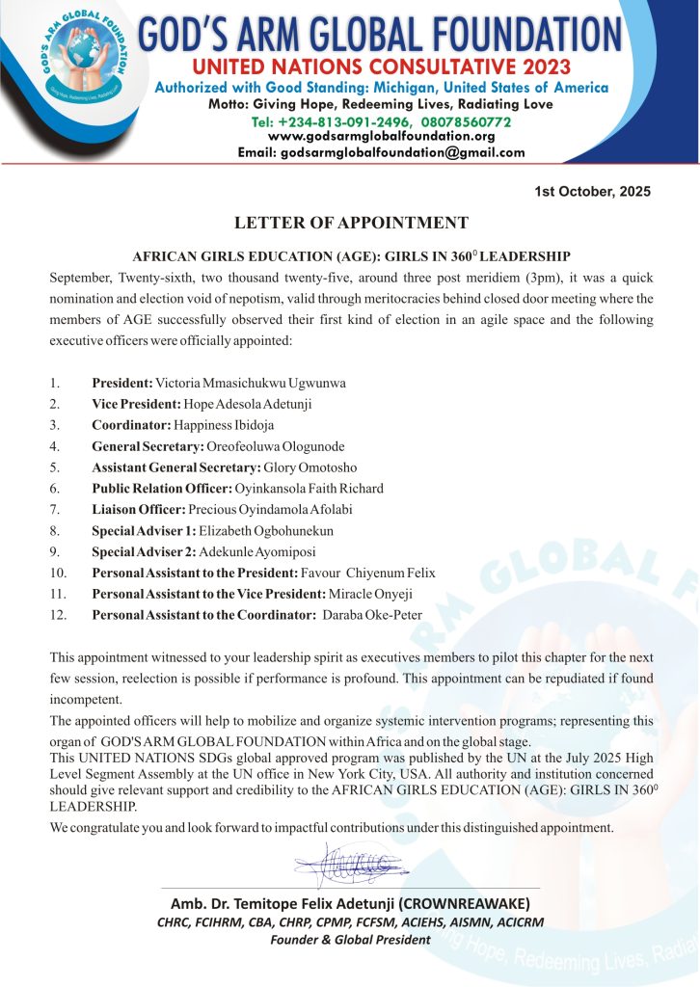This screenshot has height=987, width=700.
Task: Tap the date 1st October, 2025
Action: pos(592,191)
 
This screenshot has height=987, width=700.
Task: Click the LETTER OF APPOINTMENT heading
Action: pos(351,223)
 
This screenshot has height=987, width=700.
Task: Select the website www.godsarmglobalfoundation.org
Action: pos(381,136)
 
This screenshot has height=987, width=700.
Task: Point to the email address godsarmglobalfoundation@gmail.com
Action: pos(381,152)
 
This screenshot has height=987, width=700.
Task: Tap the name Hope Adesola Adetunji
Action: pos(243,404)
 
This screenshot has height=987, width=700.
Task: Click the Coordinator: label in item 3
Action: pos(131,424)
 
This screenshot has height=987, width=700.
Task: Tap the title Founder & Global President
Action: pos(350,939)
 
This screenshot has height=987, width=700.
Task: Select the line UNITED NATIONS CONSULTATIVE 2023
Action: pos(381,67)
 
